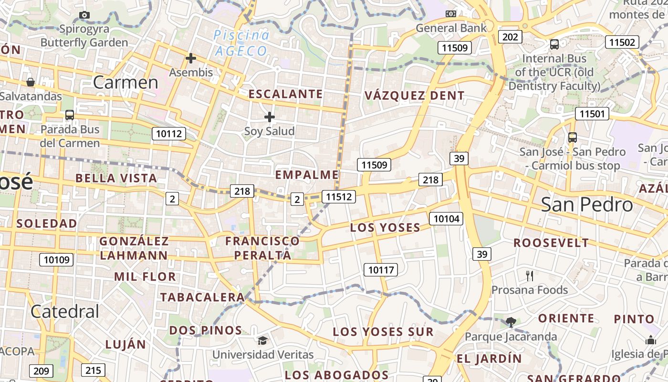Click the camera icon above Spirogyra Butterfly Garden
84,15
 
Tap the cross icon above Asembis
191,59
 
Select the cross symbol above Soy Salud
270,117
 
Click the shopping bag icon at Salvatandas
31,82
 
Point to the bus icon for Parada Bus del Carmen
70,115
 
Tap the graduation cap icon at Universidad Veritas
262,340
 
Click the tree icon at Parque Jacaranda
511,322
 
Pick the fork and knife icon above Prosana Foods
530,276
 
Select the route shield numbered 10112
169,134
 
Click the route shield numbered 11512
338,196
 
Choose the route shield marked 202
510,37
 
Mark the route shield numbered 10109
56,260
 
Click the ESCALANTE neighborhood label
286,94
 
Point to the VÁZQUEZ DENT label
415,95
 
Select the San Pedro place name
587,205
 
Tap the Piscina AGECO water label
241,43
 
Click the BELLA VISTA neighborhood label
116,179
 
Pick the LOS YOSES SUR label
383,332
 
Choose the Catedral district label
65,312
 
